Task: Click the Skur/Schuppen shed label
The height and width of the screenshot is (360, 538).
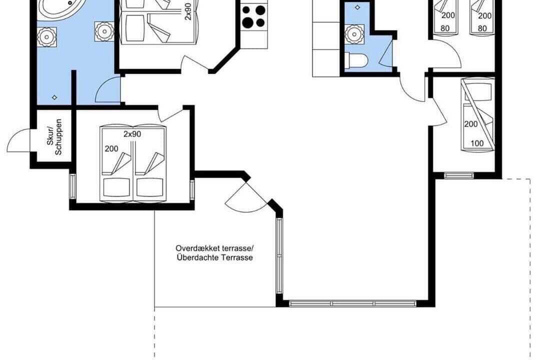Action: pyautogui.click(x=54, y=137)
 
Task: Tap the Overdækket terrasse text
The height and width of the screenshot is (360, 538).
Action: pyautogui.click(x=214, y=248)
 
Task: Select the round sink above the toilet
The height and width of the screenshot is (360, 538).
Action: pyautogui.click(x=353, y=34)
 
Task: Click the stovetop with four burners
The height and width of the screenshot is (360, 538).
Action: pyautogui.click(x=254, y=16)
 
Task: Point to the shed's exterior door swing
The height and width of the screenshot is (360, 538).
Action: pyautogui.click(x=18, y=140)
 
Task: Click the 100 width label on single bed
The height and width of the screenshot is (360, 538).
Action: pyautogui.click(x=477, y=143)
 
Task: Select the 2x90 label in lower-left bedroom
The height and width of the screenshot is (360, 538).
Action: pyautogui.click(x=132, y=134)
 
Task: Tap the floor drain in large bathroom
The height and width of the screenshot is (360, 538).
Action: pyautogui.click(x=54, y=97)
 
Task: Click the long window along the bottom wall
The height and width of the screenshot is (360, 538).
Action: pyautogui.click(x=352, y=303)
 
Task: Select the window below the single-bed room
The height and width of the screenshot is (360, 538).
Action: pyautogui.click(x=459, y=175)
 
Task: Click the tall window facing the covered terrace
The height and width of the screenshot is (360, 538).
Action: pyautogui.click(x=279, y=255)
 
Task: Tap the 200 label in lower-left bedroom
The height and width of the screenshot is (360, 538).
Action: pyautogui.click(x=111, y=149)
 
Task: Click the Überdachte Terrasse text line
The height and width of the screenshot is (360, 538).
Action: pyautogui.click(x=215, y=257)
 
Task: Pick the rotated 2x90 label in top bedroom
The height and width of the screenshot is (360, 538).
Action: pyautogui.click(x=188, y=12)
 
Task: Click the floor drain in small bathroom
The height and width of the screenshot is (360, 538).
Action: pyautogui.click(x=358, y=7)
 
